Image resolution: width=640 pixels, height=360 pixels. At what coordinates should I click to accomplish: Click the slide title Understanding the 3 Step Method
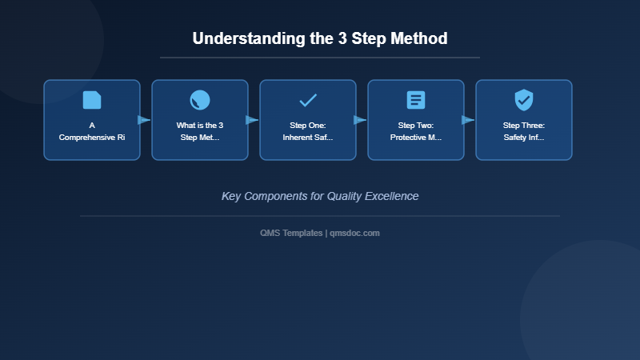[320, 38]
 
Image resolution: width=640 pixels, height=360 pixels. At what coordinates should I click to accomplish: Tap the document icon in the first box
[92, 100]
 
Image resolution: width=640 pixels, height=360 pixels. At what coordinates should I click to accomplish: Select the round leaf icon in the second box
[200, 100]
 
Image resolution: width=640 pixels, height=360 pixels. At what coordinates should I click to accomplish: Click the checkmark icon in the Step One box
[308, 100]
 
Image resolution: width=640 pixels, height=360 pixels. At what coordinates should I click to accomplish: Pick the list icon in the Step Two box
[416, 100]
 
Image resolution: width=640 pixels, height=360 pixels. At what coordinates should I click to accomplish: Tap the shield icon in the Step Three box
[524, 100]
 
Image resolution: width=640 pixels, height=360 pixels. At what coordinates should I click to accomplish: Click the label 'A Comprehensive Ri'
[92, 131]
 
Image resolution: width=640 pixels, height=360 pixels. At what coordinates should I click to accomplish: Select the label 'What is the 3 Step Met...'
[200, 131]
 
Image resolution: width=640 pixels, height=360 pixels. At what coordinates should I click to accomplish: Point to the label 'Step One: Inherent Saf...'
[308, 131]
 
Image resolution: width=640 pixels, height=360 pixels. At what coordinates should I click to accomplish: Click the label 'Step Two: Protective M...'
[416, 131]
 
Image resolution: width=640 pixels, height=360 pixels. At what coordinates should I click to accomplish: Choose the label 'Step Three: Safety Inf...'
[524, 131]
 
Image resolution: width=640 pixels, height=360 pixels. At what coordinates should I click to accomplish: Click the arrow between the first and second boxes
[144, 120]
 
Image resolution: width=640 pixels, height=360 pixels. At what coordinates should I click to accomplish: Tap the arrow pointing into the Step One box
[252, 120]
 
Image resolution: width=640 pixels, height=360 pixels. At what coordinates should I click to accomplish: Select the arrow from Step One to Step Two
[360, 120]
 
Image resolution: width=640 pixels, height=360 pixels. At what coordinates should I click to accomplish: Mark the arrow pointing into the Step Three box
[468, 120]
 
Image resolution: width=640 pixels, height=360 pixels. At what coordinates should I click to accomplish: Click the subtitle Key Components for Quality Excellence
[320, 196]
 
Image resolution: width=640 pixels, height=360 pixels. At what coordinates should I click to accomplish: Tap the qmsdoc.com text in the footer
[354, 233]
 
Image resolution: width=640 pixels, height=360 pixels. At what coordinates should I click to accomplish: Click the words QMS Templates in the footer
[291, 233]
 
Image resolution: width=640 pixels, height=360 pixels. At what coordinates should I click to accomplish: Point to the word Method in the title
[418, 38]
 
